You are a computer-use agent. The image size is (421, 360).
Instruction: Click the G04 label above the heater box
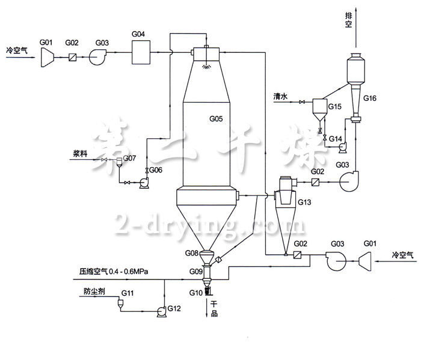click(138, 35)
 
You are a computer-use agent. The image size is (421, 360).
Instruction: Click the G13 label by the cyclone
click(304, 203)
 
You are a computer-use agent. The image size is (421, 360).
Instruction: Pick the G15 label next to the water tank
click(334, 107)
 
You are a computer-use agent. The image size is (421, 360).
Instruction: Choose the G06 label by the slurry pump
click(156, 170)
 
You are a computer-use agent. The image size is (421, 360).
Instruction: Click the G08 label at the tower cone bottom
click(192, 253)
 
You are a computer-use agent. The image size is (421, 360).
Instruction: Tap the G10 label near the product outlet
click(195, 292)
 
